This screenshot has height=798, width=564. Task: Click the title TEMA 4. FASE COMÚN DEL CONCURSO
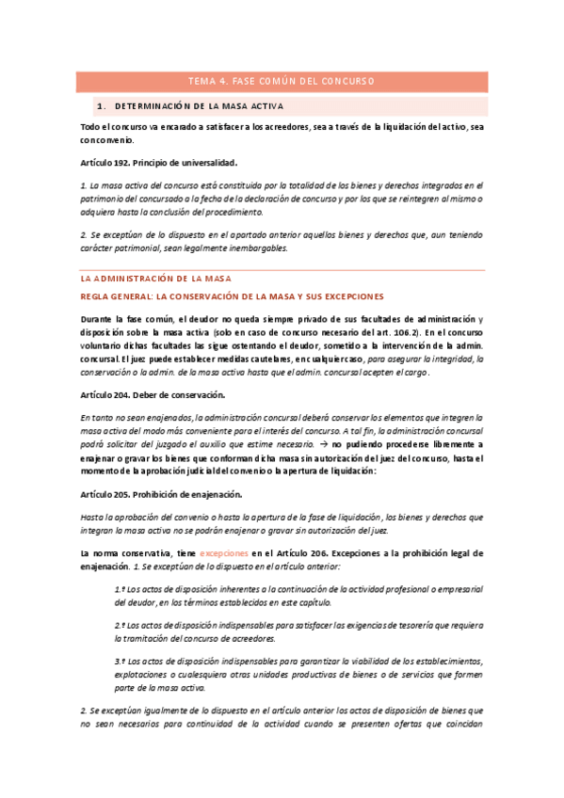[x=282, y=81]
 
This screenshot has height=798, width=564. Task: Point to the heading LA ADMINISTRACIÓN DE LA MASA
[x=155, y=279]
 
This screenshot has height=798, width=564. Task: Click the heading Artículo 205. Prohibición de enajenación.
[x=160, y=495]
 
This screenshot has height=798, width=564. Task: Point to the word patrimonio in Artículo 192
[x=107, y=199]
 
